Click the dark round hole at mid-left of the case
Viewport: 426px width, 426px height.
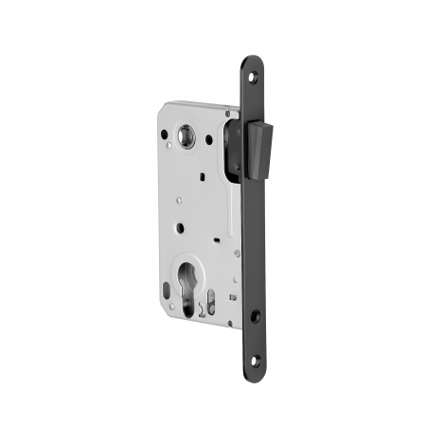tap(177, 228)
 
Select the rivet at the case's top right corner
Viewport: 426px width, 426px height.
tap(228, 112)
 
